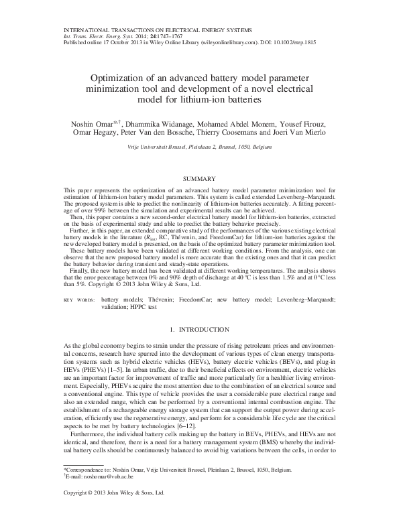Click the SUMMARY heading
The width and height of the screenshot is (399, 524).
[x=199, y=179]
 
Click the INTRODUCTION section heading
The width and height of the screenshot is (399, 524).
[x=199, y=330]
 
